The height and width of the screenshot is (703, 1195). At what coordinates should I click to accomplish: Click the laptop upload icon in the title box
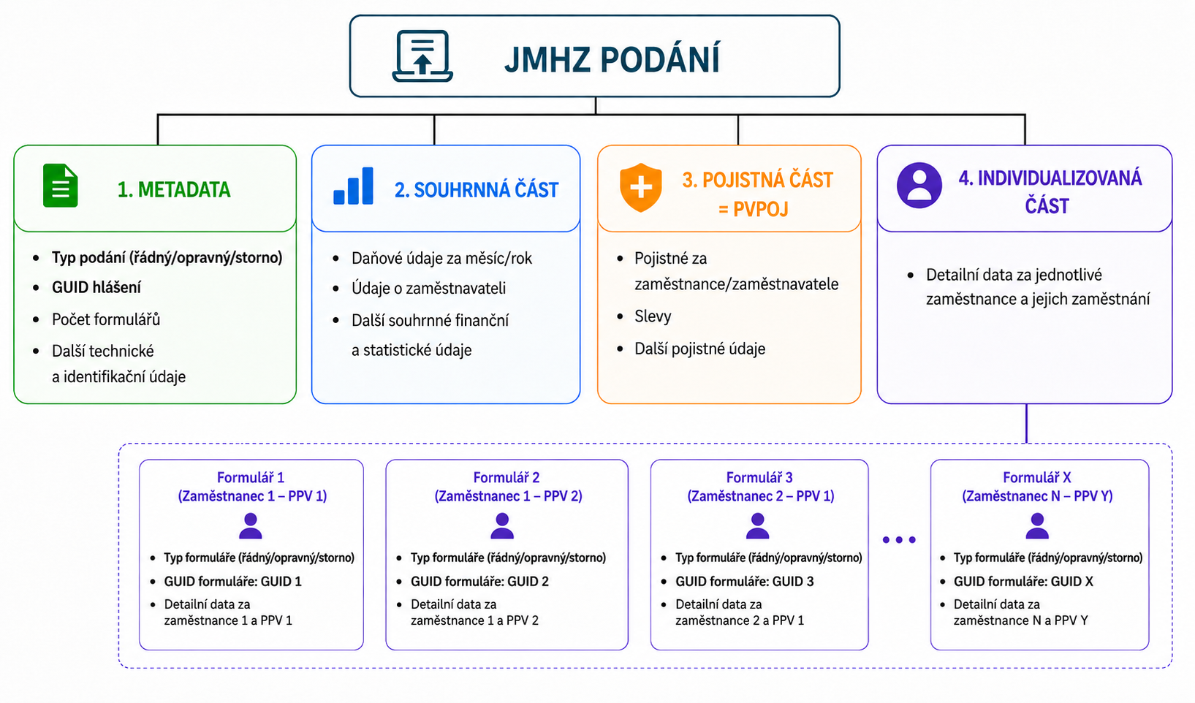pyautogui.click(x=422, y=56)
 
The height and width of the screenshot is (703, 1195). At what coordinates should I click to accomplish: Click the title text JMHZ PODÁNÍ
pyautogui.click(x=612, y=58)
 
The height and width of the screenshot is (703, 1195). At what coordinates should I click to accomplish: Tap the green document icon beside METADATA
pyautogui.click(x=60, y=185)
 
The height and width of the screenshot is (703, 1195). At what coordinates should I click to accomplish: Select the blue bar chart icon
pyautogui.click(x=353, y=186)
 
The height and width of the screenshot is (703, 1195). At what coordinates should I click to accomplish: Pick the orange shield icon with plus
pyautogui.click(x=641, y=187)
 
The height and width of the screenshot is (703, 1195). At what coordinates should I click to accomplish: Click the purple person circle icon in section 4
pyautogui.click(x=919, y=185)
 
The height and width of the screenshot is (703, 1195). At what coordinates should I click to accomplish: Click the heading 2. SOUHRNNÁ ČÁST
pyautogui.click(x=477, y=190)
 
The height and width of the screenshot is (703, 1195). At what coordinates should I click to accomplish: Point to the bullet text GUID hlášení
pyautogui.click(x=96, y=287)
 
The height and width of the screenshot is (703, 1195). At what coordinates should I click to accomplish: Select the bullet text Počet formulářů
pyautogui.click(x=106, y=319)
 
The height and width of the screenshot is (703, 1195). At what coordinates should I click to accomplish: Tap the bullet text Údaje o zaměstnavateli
pyautogui.click(x=428, y=288)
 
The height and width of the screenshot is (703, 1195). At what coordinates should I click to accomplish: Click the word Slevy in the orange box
pyautogui.click(x=653, y=316)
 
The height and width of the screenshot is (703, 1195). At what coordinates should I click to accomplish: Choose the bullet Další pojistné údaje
pyautogui.click(x=700, y=349)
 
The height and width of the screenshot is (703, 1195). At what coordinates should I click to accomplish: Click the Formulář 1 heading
pyautogui.click(x=250, y=477)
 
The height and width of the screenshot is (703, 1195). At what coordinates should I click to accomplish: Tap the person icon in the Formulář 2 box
pyautogui.click(x=502, y=526)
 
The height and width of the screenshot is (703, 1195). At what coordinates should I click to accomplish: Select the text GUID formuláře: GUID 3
pyautogui.click(x=744, y=582)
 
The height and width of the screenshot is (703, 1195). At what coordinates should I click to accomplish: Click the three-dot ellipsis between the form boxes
pyautogui.click(x=899, y=540)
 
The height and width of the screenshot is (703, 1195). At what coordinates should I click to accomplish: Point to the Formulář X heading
pyautogui.click(x=1036, y=477)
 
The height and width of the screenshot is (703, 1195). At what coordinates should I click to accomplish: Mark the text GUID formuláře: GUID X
pyautogui.click(x=1023, y=582)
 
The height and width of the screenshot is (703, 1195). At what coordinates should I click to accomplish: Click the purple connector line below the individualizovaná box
pyautogui.click(x=1026, y=424)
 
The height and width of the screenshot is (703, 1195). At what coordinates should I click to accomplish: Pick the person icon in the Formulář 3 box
pyautogui.click(x=757, y=526)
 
